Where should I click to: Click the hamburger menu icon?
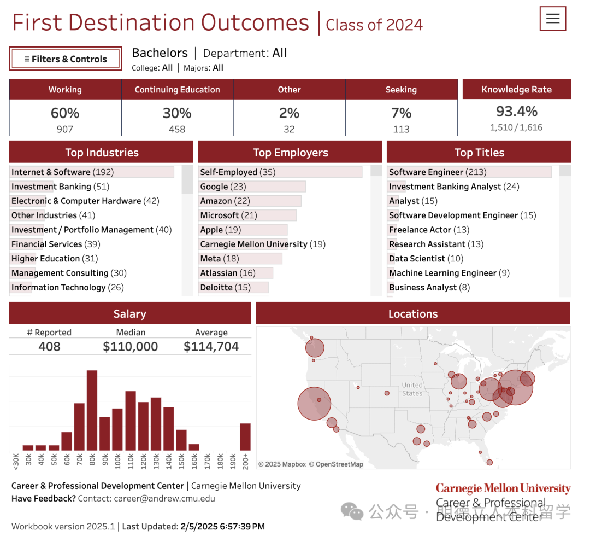pyautogui.click(x=553, y=19)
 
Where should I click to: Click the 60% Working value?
pyautogui.click(x=65, y=113)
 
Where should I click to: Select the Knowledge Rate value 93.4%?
pyautogui.click(x=516, y=112)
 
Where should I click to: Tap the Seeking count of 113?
pyautogui.click(x=401, y=129)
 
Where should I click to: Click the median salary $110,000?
pyautogui.click(x=131, y=347)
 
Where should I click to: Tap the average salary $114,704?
pyautogui.click(x=211, y=347)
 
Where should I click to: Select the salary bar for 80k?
pyautogui.click(x=92, y=410)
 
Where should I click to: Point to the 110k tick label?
pyautogui.click(x=131, y=461)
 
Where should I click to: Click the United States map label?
pyautogui.click(x=412, y=389)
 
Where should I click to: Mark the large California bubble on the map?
pyautogui.click(x=314, y=404)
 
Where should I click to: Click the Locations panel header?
pyautogui.click(x=413, y=314)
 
